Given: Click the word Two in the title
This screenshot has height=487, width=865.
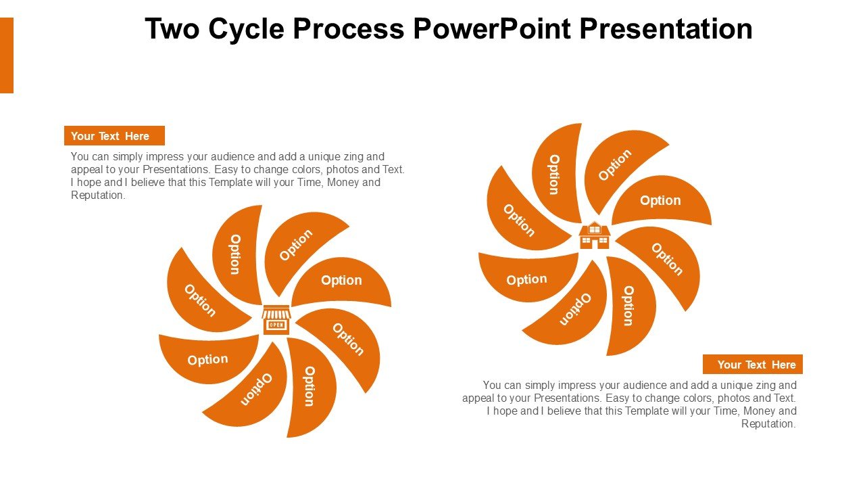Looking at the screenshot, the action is [x=172, y=28].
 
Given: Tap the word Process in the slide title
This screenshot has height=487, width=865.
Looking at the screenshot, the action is [x=349, y=28].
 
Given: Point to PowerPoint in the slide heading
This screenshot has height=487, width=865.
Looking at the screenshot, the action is [x=492, y=28].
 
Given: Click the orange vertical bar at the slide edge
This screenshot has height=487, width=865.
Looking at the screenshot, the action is [x=7, y=55].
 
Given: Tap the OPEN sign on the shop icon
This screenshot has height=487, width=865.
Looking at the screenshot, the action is [x=276, y=325].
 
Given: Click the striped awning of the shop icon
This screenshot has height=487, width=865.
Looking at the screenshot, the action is [x=276, y=312].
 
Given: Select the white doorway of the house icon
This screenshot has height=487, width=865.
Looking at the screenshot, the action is [x=595, y=243].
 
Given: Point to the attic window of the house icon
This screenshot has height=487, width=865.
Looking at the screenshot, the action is [x=595, y=229].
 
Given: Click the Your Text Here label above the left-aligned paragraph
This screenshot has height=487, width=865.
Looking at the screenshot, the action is [x=114, y=136].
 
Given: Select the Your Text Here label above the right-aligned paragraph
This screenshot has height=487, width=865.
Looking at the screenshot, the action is [x=753, y=364].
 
